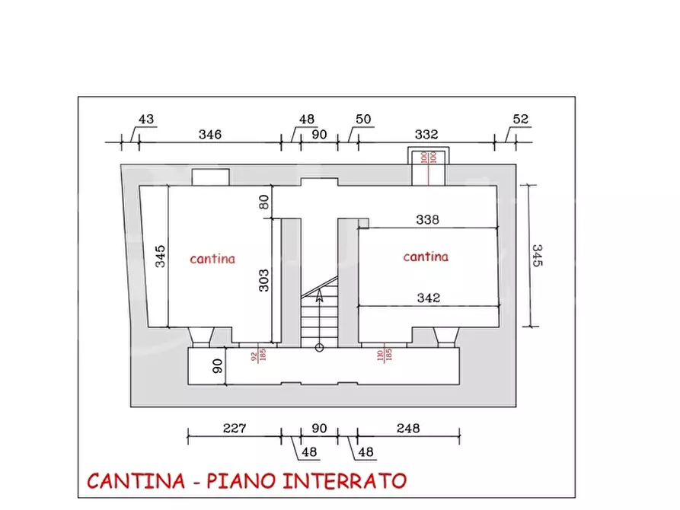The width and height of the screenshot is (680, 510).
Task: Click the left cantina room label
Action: tap(212, 259)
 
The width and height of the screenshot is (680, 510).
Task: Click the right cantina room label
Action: tap(426, 257)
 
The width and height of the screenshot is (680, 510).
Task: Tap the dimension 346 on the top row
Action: tap(209, 135)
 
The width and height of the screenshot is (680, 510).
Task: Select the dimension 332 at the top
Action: tap(426, 135)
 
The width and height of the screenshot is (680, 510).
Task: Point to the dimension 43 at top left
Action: tap(145, 120)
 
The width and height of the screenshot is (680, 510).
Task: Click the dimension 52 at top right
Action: tap(521, 120)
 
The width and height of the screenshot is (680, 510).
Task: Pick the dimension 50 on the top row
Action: tap(363, 120)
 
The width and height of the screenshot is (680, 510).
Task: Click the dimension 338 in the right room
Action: tap(427, 220)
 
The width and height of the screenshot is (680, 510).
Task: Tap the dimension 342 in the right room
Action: tap(429, 298)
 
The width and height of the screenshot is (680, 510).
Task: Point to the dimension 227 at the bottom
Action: tap(235, 429)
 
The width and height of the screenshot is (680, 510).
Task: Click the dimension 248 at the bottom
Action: tap(408, 429)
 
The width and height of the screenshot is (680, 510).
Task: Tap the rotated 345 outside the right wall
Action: tap(537, 256)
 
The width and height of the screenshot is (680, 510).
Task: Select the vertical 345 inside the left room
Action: tap(160, 256)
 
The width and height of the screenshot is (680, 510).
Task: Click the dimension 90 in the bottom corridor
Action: tap(217, 366)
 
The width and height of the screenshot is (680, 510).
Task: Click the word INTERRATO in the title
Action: tap(345, 481)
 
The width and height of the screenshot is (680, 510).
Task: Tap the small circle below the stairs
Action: tap(319, 347)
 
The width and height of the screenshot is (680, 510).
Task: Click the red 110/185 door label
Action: tap(383, 355)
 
